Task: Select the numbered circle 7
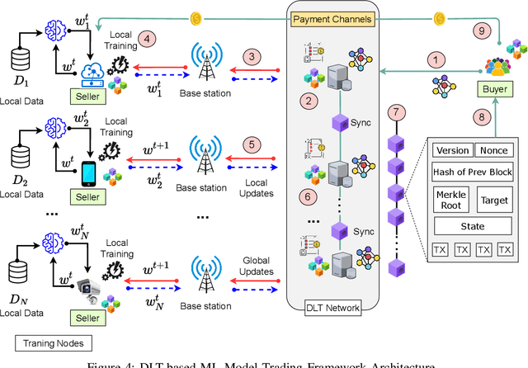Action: (x=398, y=111)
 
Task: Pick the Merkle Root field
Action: (x=450, y=198)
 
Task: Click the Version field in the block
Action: (x=451, y=150)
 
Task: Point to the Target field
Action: (x=493, y=198)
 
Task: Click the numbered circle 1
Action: (x=436, y=59)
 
